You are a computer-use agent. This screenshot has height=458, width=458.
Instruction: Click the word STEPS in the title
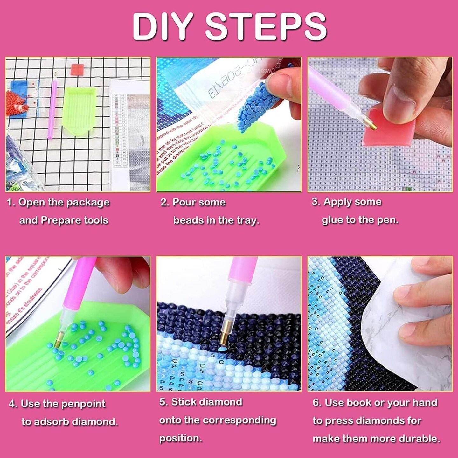pyautogui.click(x=266, y=27)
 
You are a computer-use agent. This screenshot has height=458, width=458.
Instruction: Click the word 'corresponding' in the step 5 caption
pyautogui.click(x=239, y=420)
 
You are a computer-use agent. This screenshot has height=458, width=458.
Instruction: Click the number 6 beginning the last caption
pyautogui.click(x=316, y=403)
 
